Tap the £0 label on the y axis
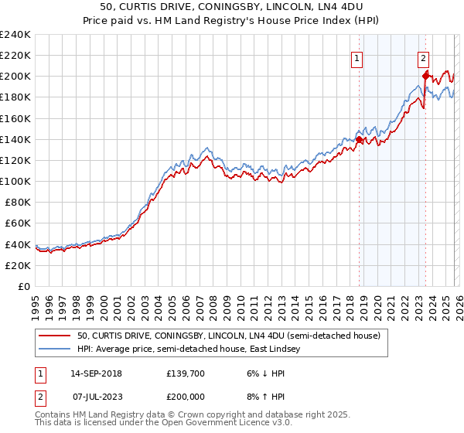coord(23,286)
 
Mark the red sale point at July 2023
coord(425,76)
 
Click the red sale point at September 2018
coord(360,139)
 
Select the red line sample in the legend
coord(54,336)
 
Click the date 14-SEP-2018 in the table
coord(101,373)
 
